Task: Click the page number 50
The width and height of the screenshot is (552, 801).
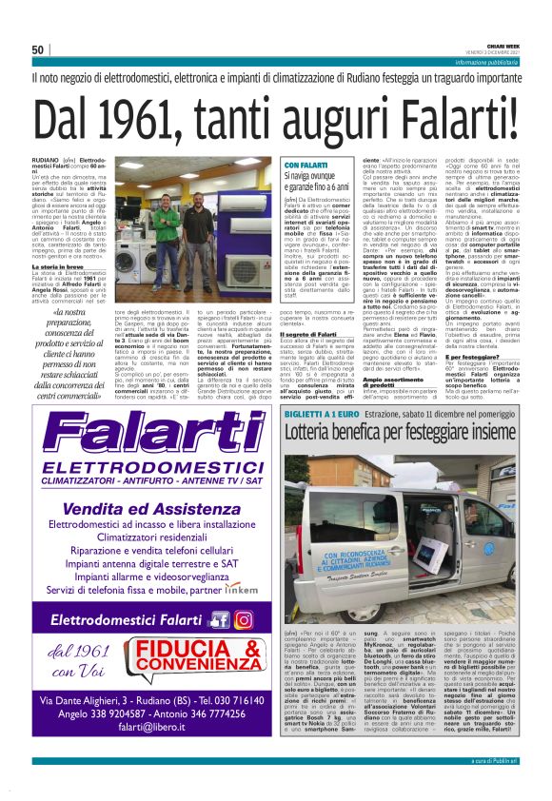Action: tap(38, 49)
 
